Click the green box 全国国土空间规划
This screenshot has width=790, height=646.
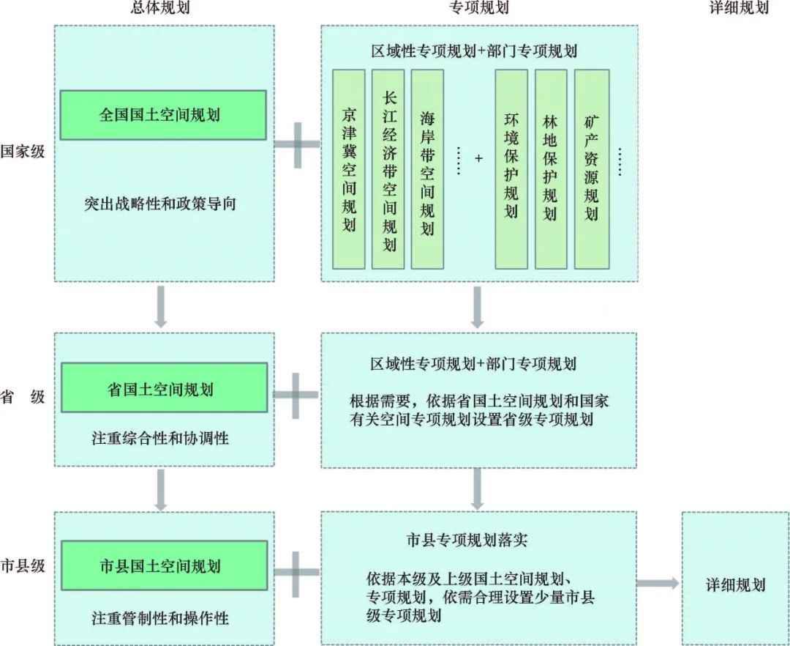163,115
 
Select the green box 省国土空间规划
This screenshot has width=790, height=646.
163,388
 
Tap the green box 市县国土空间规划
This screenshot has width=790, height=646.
163,566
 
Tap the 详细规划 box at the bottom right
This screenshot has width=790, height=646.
735,584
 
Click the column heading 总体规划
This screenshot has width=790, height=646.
163,9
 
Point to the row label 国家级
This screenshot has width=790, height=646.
23,152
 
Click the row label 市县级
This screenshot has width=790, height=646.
23,565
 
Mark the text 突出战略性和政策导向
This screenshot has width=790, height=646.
160,204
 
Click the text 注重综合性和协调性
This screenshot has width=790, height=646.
160,439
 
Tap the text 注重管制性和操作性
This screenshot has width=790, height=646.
160,617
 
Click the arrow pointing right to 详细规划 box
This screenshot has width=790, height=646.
657,583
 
